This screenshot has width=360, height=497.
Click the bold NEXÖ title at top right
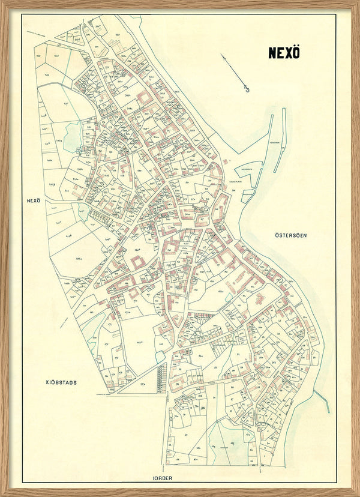point(284,53)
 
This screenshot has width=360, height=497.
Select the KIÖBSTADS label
point(61,382)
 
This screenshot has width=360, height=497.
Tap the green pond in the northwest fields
point(73,137)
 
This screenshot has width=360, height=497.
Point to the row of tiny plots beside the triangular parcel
point(160,378)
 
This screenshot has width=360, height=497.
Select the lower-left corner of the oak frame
point(5,492)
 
